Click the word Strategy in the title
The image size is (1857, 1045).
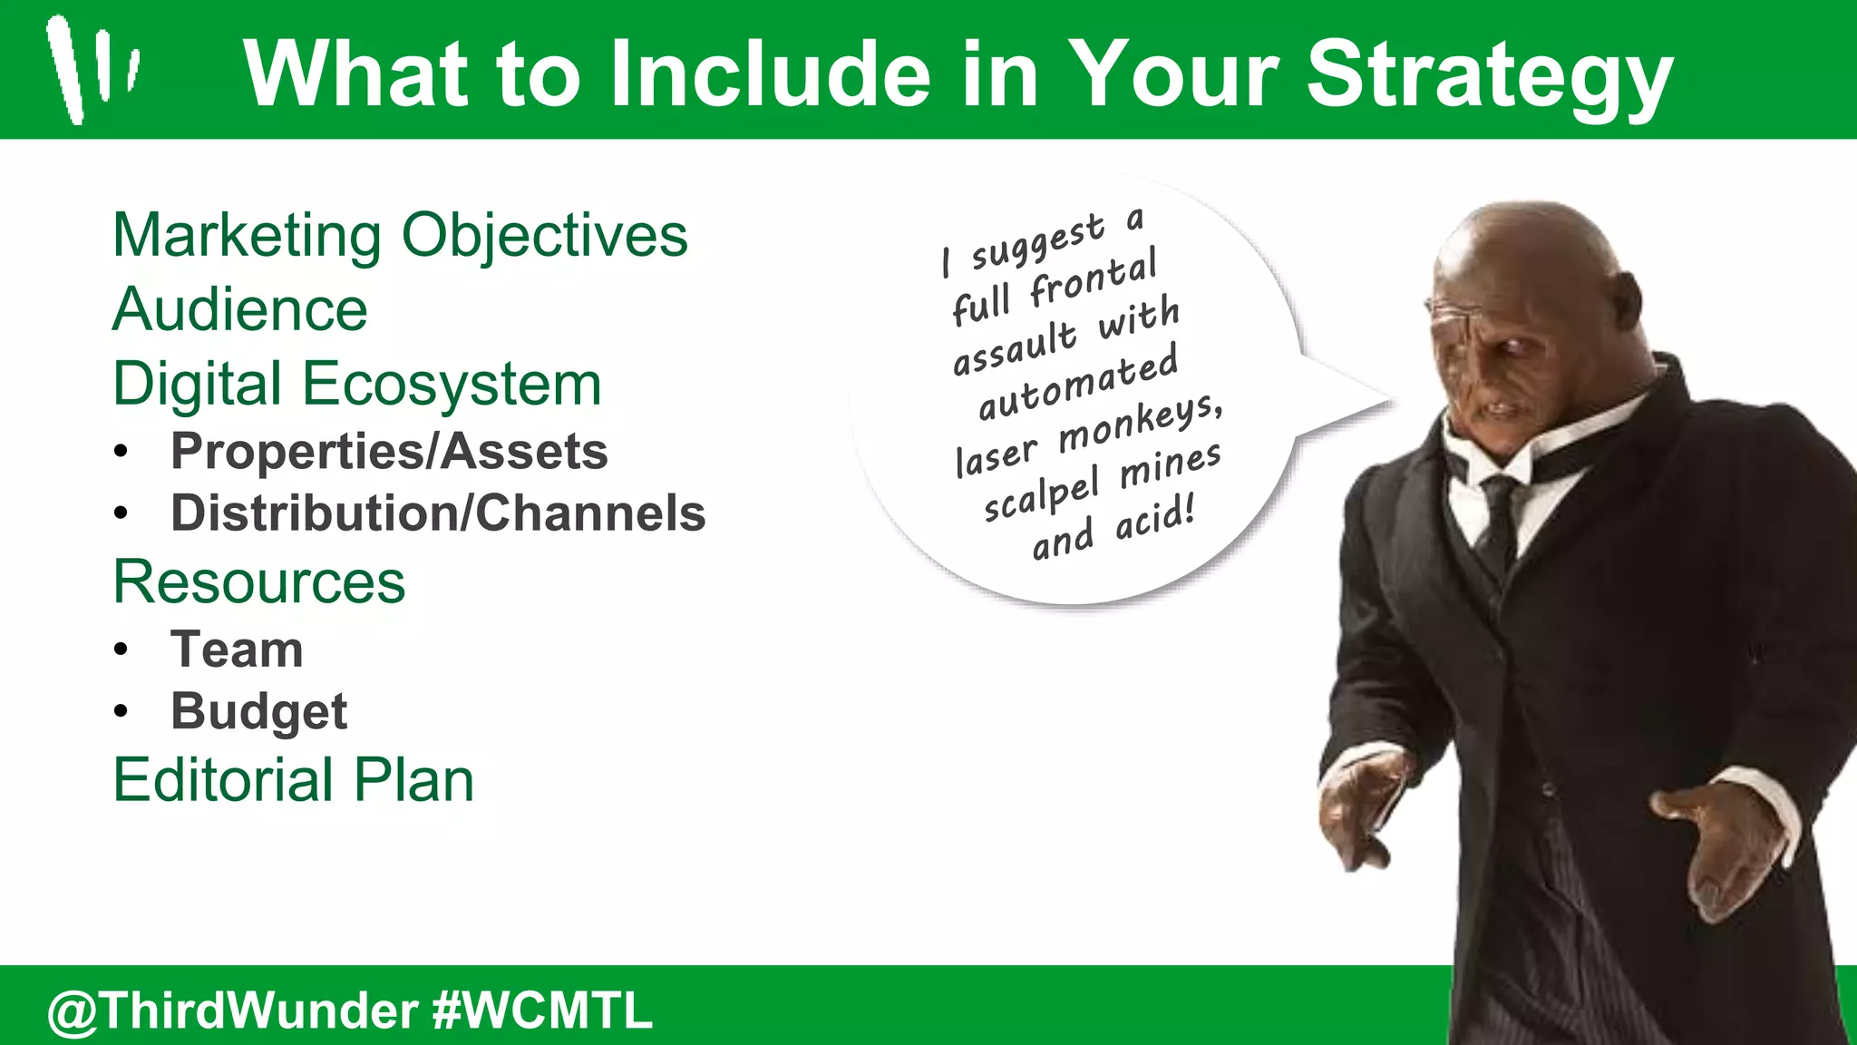[x=1489, y=76]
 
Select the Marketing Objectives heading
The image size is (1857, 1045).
[x=400, y=236]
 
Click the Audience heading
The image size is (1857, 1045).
[x=240, y=310]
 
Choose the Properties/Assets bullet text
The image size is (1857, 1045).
[x=389, y=452]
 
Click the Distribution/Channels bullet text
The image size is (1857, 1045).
[x=438, y=513]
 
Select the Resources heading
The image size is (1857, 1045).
[x=259, y=582]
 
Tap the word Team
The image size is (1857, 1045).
[x=237, y=649]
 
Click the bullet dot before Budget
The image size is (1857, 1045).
[x=122, y=712]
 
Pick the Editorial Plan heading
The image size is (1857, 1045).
[x=294, y=780]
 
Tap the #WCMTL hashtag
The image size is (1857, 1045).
[x=542, y=1011]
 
